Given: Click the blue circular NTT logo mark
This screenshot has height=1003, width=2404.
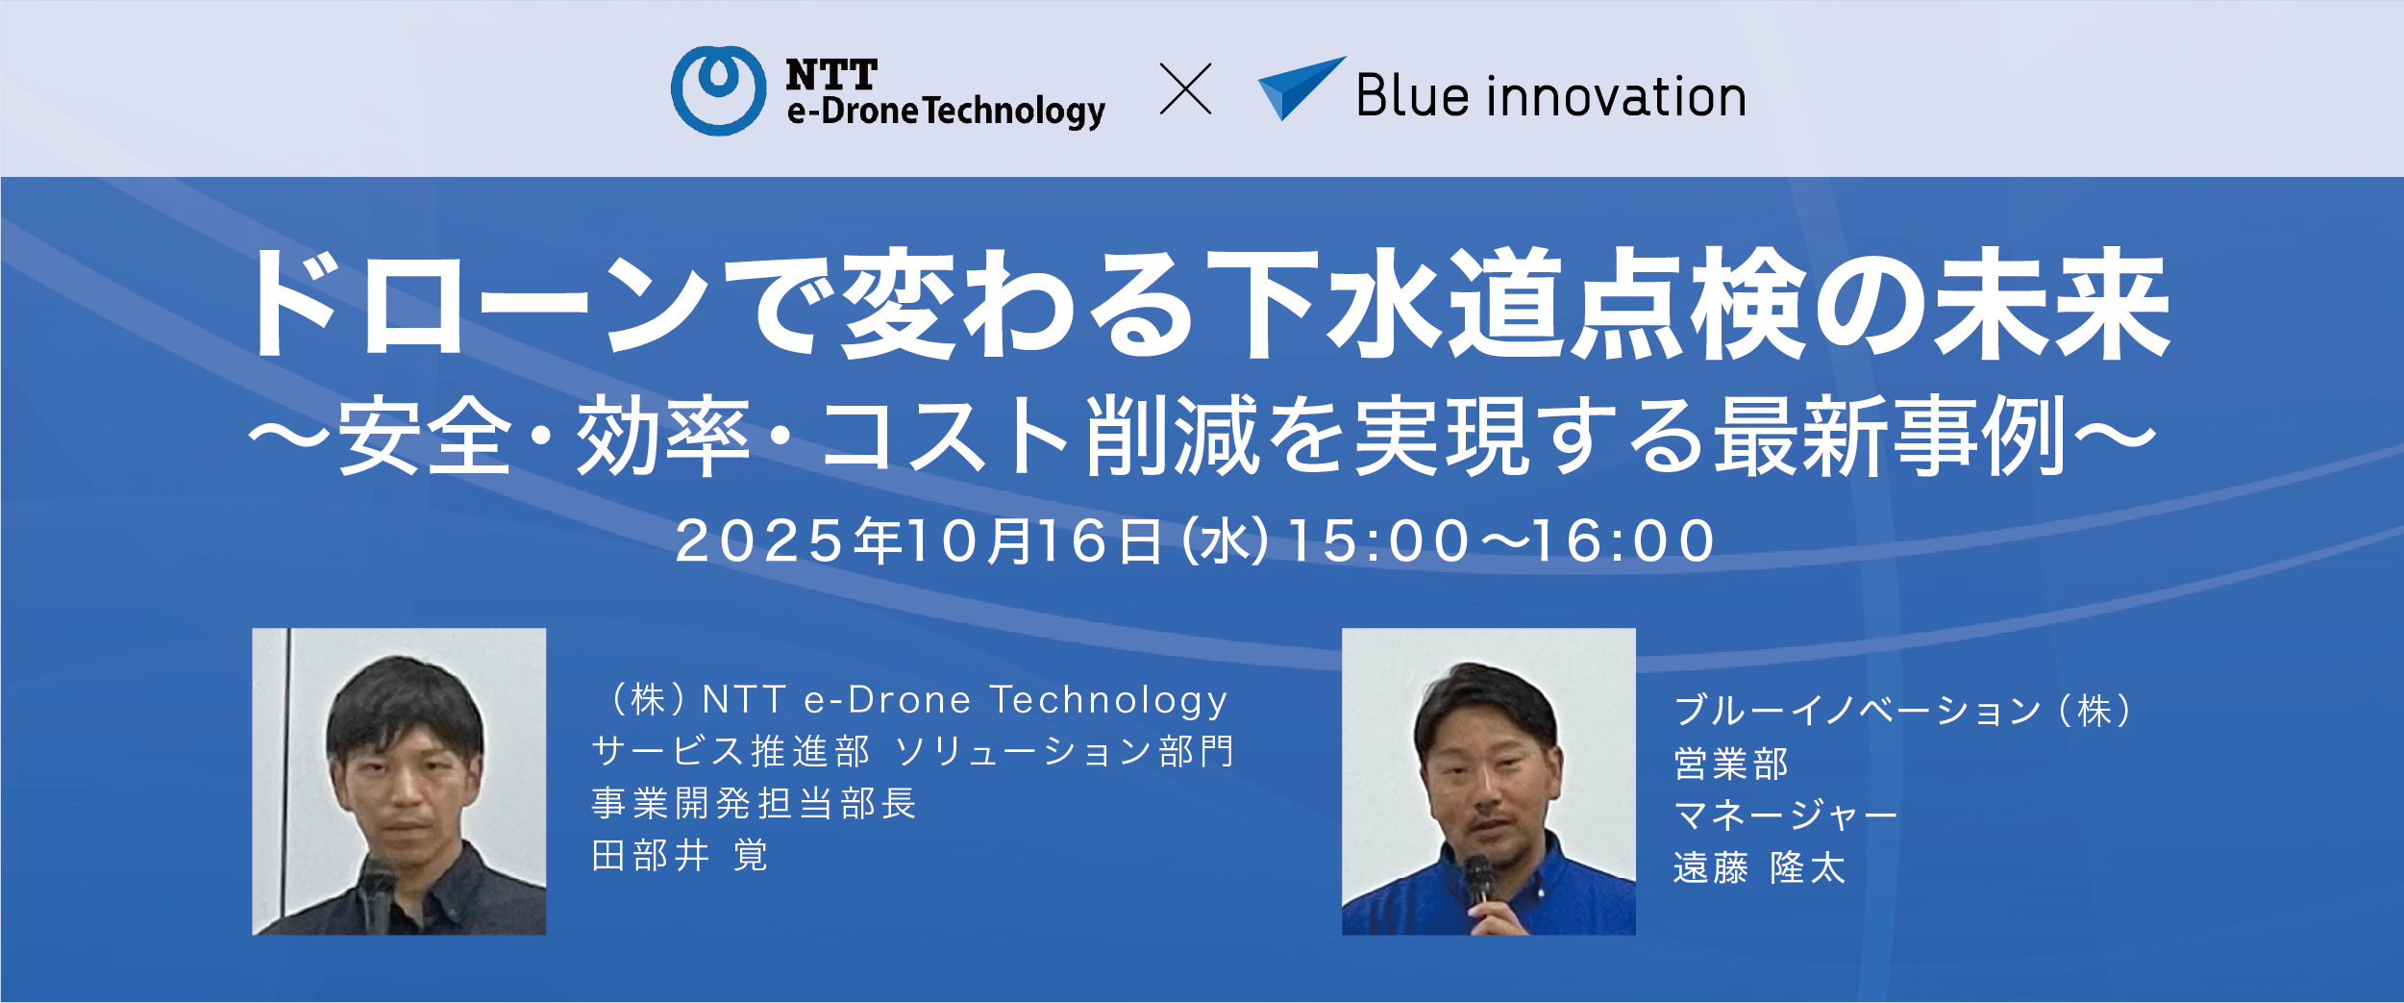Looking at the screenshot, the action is (x=718, y=90).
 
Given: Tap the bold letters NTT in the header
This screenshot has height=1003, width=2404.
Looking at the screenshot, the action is (x=831, y=74).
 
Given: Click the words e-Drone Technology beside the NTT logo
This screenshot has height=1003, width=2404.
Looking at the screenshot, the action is (x=946, y=112).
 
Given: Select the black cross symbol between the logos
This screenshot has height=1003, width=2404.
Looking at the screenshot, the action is (x=1185, y=89).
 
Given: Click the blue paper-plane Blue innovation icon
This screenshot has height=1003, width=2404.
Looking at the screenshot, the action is (x=1301, y=88).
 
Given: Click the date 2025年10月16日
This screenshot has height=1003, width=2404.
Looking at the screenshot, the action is (x=918, y=540).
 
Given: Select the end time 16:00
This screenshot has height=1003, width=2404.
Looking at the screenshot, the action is (x=1623, y=541).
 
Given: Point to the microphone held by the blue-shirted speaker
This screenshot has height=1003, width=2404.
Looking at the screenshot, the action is (x=1477, y=881).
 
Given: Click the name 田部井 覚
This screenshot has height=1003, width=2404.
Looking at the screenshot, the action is (x=680, y=855).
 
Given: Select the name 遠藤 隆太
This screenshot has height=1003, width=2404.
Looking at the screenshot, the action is (x=1759, y=867).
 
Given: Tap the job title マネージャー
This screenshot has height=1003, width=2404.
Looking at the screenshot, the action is (x=1785, y=815).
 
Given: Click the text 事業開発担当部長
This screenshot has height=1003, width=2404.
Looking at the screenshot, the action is (x=754, y=803).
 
